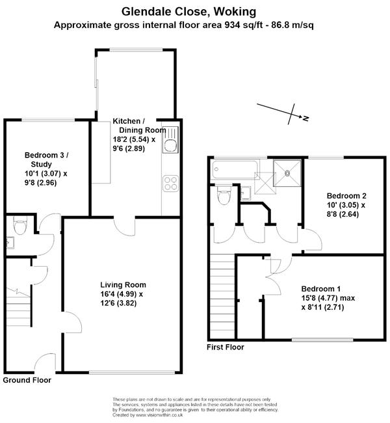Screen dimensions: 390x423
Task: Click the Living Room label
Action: pyautogui.click(x=123, y=285)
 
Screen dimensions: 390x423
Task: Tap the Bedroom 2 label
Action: pyautogui.click(x=346, y=196)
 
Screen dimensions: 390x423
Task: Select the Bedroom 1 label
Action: pyautogui.click(x=320, y=289)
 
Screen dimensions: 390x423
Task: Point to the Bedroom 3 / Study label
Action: pyautogui.click(x=46, y=159)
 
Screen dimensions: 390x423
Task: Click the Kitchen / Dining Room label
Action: pyautogui.click(x=139, y=126)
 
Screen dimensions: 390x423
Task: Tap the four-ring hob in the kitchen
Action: pyautogui.click(x=170, y=184)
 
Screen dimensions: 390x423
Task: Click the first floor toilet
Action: pyautogui.click(x=224, y=195)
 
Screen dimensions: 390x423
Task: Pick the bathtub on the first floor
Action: pyautogui.click(x=235, y=169)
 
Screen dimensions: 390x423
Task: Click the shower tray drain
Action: pyautogui.click(x=287, y=174)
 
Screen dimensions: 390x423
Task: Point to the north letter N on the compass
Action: pyautogui.click(x=305, y=118)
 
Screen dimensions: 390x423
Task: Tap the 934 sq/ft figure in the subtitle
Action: pyautogui.click(x=244, y=25)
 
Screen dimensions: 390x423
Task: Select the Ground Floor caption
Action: pyautogui.click(x=27, y=380)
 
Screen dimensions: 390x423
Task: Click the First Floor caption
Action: pyautogui.click(x=226, y=347)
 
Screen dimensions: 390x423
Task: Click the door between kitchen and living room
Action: pyautogui.click(x=125, y=226)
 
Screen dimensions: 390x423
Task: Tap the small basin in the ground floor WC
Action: pyautogui.click(x=10, y=242)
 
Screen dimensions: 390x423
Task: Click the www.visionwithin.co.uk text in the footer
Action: pyautogui.click(x=160, y=415)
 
